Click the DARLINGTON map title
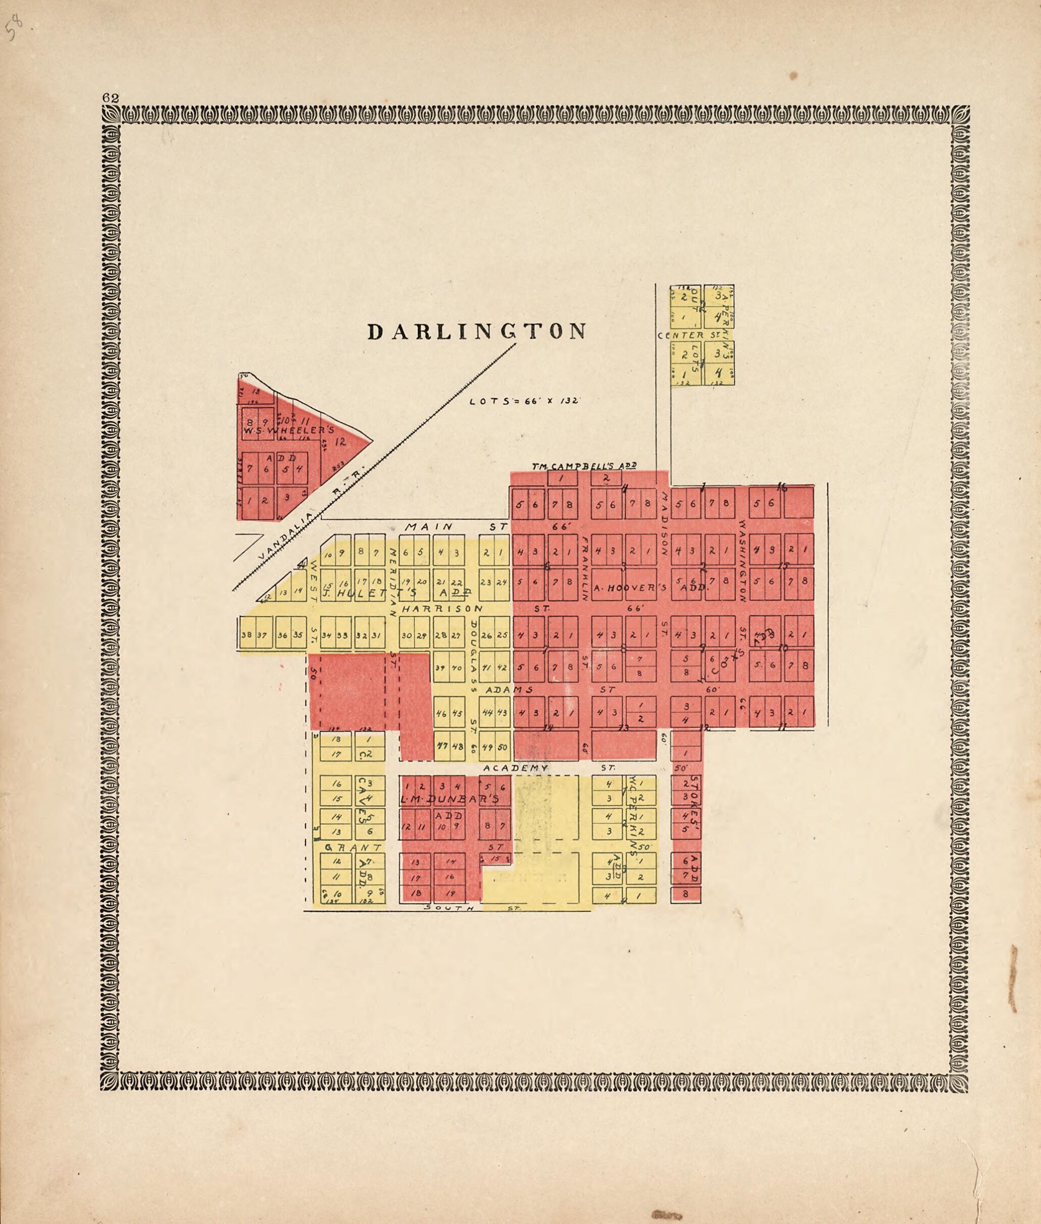477,332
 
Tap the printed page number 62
111,98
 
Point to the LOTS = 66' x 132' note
525,401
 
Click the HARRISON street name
442,608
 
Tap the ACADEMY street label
515,768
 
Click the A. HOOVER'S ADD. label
650,588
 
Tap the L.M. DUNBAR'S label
450,799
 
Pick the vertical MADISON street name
664,524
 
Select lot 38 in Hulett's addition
245,636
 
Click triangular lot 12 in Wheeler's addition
340,441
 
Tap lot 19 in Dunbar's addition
451,893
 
